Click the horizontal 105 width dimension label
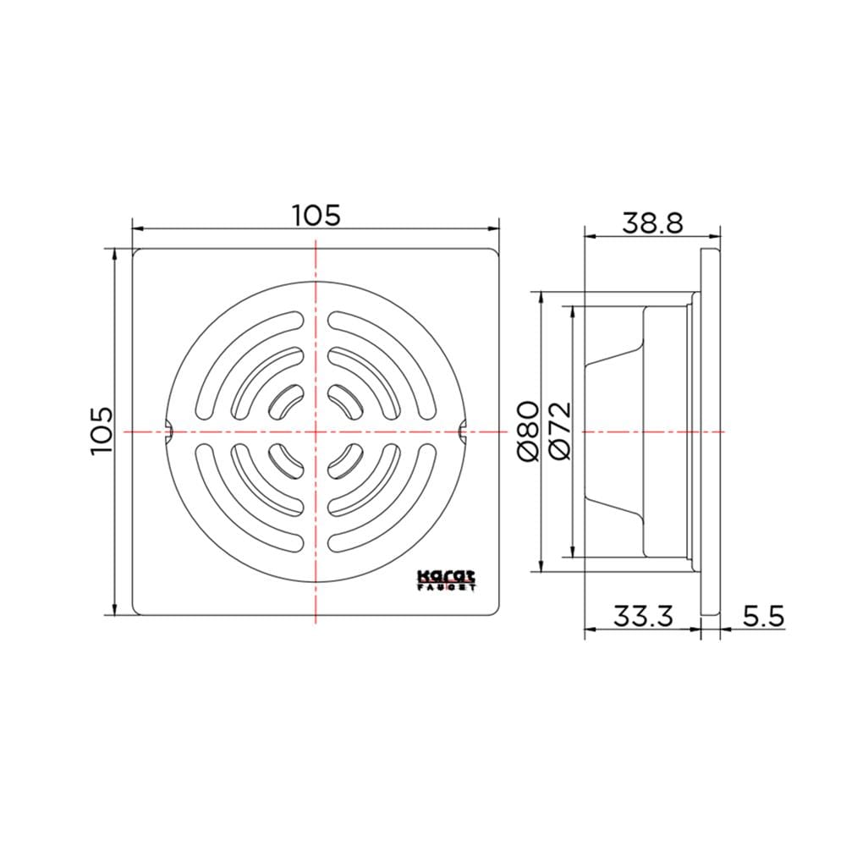[x=316, y=215]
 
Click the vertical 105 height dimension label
[x=102, y=431]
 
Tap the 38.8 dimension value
[x=653, y=222]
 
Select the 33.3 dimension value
[x=643, y=616]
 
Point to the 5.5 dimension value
[x=764, y=616]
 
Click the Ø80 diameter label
[x=529, y=431]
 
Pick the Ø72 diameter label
[x=560, y=431]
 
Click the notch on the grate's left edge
[x=168, y=431]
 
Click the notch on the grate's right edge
[x=463, y=431]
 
